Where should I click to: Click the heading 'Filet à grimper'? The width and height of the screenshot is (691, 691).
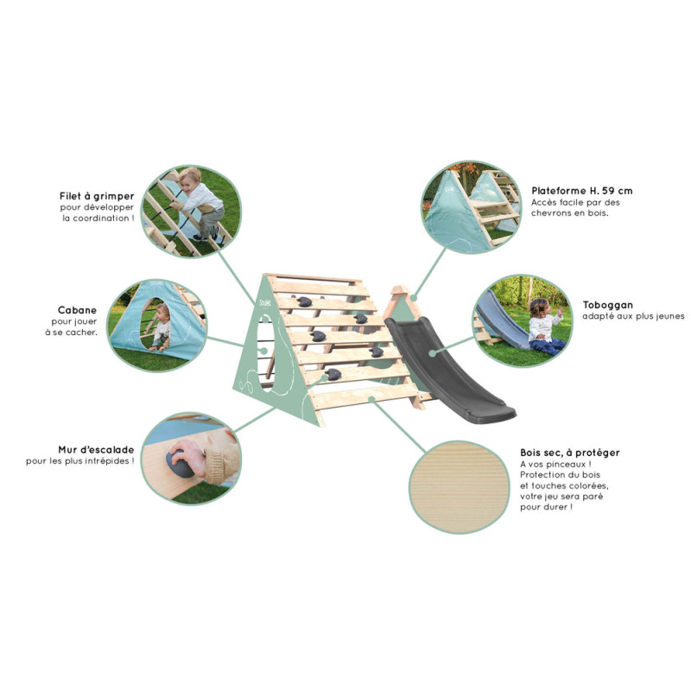[97, 196]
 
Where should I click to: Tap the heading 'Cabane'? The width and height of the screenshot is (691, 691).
[77, 310]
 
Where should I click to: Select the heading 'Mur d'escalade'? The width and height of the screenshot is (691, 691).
[96, 449]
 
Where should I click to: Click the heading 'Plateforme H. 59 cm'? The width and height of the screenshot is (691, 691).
[581, 191]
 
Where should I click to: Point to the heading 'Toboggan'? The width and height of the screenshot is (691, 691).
[608, 305]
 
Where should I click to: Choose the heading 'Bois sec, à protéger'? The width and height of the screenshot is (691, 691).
[570, 453]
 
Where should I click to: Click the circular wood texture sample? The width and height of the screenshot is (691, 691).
[460, 487]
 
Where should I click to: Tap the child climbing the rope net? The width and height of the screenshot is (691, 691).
[200, 203]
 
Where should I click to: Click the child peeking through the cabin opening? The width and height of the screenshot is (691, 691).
[162, 327]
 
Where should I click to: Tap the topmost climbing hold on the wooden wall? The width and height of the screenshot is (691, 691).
[304, 301]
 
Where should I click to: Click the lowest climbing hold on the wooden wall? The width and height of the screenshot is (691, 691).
[333, 375]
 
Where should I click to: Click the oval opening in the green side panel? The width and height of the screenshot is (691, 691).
[267, 352]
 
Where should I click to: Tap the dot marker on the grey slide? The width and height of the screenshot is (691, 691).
[433, 353]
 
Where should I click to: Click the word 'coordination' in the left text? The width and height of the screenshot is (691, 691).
[101, 219]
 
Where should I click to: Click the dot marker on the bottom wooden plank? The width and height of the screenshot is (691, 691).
[372, 399]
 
